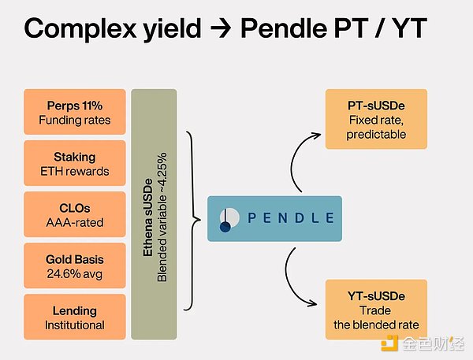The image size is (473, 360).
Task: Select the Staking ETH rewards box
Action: coord(75,162)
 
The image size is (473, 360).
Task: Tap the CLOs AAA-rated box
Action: coord(75,213)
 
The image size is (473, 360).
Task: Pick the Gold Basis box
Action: coord(75,265)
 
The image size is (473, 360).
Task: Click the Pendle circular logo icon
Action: coord(226,219)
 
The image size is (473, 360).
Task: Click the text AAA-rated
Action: coord(75,222)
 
